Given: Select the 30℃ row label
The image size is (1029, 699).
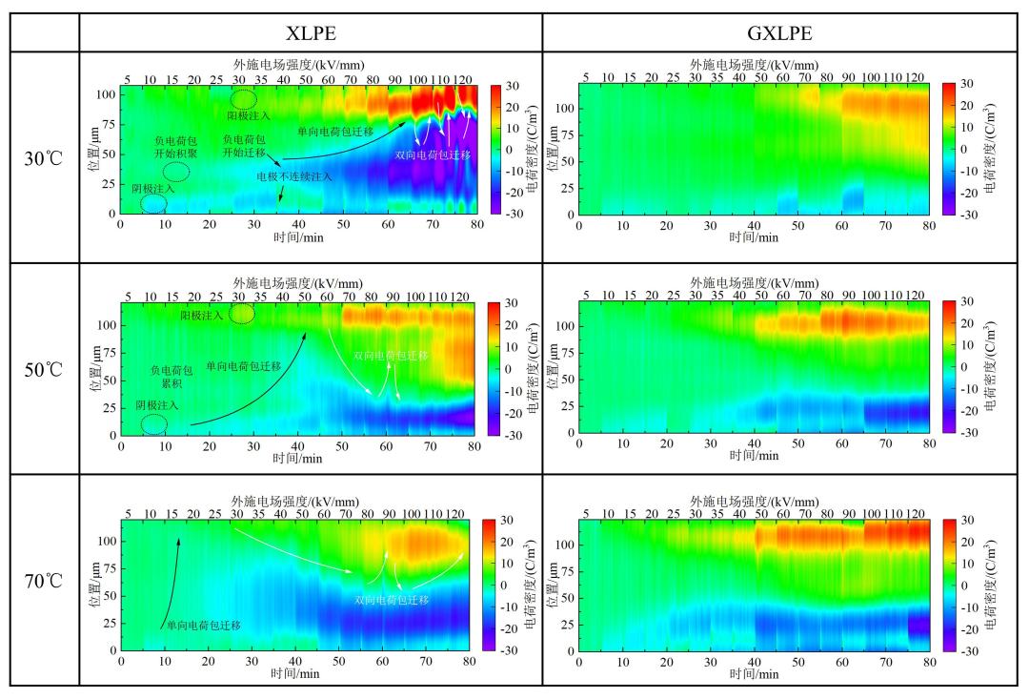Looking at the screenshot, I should click(44, 157).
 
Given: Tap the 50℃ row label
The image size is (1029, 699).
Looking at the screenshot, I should click(44, 369).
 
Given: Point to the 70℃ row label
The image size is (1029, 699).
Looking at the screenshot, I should click(44, 580).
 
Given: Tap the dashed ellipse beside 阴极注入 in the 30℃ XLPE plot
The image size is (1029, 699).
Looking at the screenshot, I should click(153, 203).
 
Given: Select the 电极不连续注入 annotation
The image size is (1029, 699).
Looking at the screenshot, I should click(294, 176).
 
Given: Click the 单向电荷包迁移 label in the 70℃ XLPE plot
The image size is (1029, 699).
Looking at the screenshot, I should click(203, 626).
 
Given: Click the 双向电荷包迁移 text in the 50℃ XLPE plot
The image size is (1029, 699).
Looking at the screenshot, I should click(391, 355).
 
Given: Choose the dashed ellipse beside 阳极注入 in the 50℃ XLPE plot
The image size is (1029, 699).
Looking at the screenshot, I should click(242, 313).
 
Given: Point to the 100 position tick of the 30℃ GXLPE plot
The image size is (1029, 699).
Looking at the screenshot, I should click(566, 108).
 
